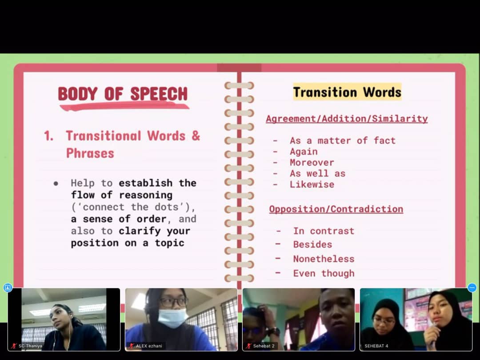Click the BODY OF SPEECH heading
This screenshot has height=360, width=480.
point(123,94)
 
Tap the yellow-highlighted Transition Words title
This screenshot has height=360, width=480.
point(347,92)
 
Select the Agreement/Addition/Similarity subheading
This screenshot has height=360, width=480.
point(347,119)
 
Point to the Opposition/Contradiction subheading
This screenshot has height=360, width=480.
point(336,209)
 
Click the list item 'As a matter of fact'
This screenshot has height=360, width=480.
point(343,140)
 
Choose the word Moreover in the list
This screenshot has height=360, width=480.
point(312,163)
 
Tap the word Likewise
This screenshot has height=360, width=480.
point(312,184)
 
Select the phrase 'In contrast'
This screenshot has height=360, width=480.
point(324,231)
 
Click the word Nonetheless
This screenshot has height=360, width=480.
point(324,259)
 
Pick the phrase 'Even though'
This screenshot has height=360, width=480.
point(324,273)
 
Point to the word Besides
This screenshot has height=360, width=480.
point(312,244)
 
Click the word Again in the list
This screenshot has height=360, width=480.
point(304,152)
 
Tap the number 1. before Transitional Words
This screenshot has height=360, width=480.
point(48,136)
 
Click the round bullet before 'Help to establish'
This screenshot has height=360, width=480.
point(56,184)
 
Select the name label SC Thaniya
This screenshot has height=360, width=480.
point(30,346)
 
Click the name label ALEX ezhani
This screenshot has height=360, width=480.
point(149,346)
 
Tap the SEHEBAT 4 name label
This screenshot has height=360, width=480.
point(376,346)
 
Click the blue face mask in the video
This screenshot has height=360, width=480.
point(172,317)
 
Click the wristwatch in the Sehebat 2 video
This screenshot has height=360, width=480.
point(273,332)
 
